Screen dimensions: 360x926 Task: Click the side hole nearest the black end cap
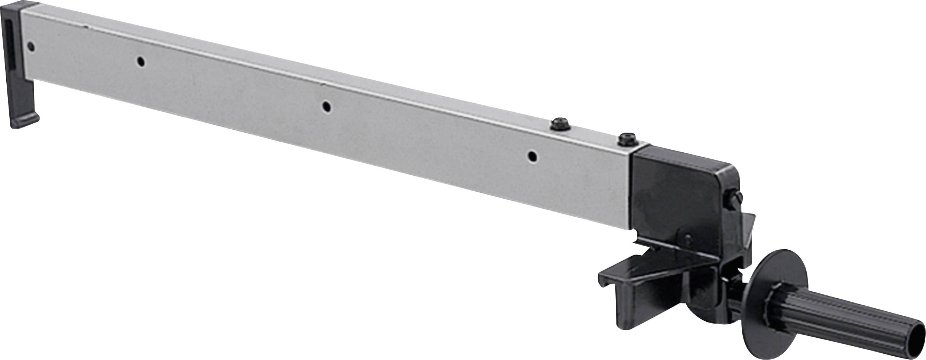[x=31, y=46]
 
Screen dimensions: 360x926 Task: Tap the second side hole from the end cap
[x=140, y=61]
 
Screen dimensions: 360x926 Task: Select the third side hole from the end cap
[x=326, y=107]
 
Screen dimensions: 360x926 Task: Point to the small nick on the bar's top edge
[x=86, y=27]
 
